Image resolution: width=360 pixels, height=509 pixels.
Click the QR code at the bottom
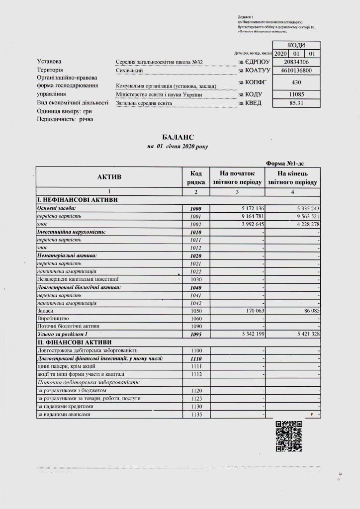click(289, 436)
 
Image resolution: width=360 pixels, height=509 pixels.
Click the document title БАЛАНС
click(178, 137)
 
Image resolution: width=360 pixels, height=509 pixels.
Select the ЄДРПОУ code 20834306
click(297, 62)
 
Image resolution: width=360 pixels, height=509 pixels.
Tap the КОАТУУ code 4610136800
click(297, 71)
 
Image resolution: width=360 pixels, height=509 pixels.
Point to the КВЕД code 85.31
click(297, 103)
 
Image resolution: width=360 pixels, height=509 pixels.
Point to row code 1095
click(196, 335)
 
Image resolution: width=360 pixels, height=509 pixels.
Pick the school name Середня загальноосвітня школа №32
click(159, 62)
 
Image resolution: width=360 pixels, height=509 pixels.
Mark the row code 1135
click(196, 414)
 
